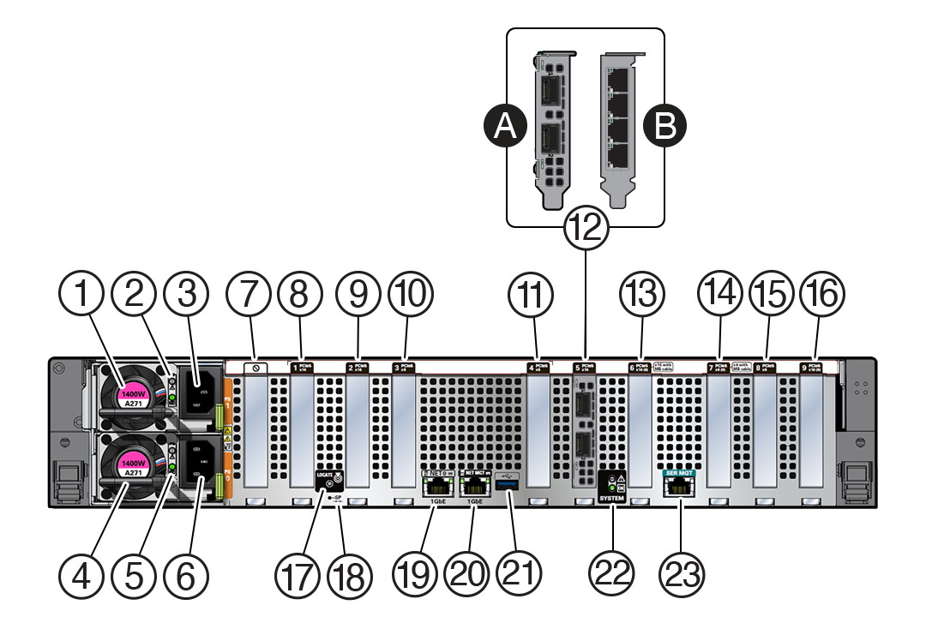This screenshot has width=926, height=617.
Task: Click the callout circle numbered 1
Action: (x=83, y=295)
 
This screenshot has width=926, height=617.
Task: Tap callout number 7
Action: (x=248, y=295)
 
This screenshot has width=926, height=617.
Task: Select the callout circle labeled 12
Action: (x=586, y=228)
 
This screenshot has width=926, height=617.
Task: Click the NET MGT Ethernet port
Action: (x=473, y=485)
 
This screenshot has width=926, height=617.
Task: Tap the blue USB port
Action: (x=508, y=486)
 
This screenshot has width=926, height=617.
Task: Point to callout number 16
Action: (x=822, y=295)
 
